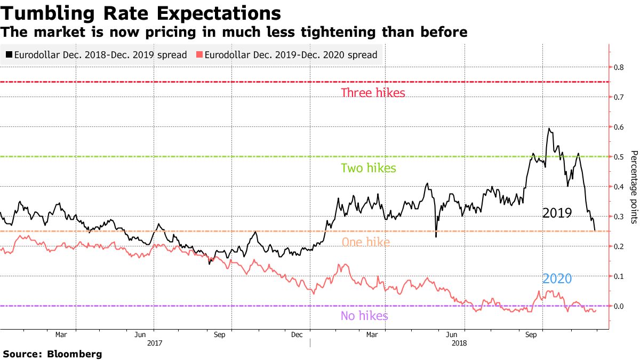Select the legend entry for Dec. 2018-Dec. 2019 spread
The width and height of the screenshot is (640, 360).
(96, 55)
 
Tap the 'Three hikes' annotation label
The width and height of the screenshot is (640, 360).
(373, 93)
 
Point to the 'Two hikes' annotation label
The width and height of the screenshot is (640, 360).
(369, 168)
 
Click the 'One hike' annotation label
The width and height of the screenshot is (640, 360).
(365, 242)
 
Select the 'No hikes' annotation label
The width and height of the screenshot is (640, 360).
(364, 316)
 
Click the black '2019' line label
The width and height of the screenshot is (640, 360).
(557, 213)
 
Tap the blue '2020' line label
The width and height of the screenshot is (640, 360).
(557, 278)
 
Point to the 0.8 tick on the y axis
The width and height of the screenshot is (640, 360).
(619, 67)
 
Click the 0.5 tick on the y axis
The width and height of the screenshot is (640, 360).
(619, 157)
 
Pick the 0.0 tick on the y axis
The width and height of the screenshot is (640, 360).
(619, 306)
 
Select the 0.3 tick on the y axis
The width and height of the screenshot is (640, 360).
(619, 217)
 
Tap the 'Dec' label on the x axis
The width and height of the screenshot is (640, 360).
(297, 335)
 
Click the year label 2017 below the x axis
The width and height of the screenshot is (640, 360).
(154, 343)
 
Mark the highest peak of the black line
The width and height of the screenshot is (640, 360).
(549, 128)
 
